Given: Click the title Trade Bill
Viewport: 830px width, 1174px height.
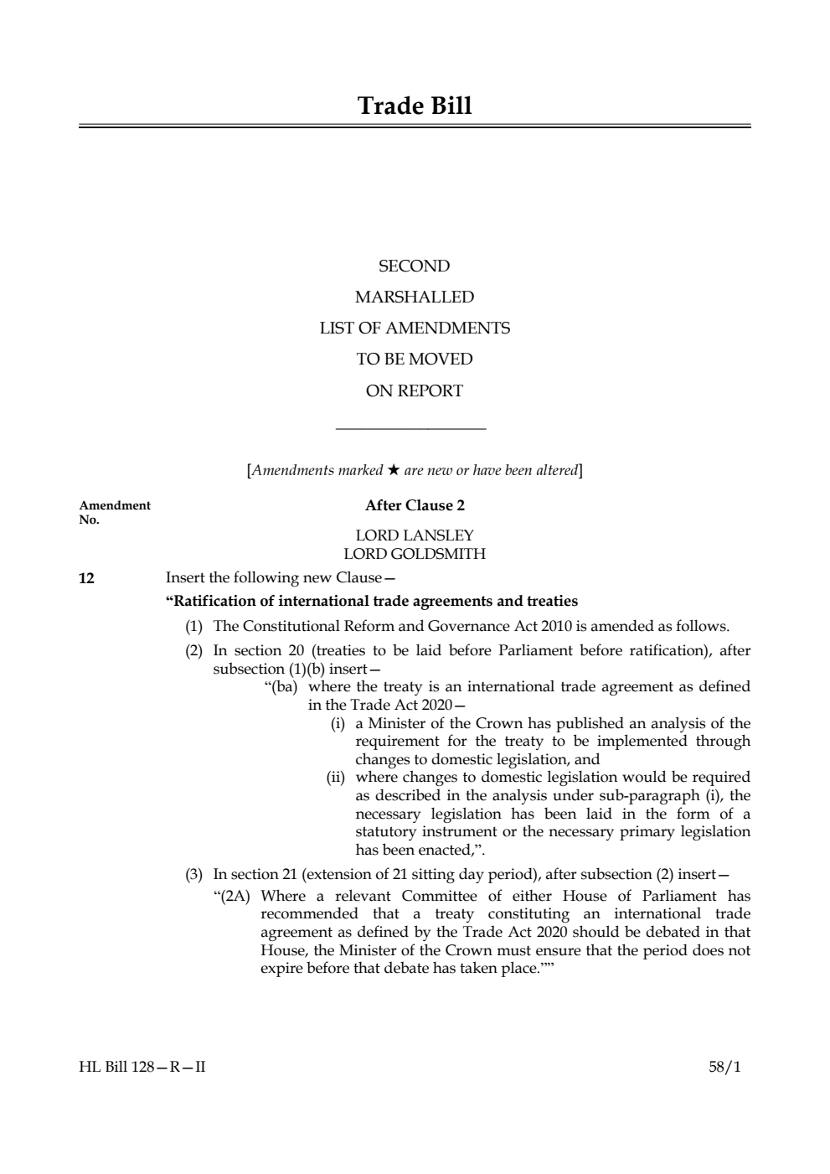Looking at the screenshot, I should [x=415, y=106].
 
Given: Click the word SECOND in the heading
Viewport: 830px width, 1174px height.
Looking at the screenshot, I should [x=414, y=266].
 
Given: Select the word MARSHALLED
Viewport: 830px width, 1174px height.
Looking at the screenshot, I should [x=414, y=297].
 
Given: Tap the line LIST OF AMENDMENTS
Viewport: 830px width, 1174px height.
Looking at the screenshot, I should [x=414, y=328].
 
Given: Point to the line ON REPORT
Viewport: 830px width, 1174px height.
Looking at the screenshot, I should [x=414, y=390].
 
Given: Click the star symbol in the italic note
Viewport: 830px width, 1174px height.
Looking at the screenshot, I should [x=393, y=470].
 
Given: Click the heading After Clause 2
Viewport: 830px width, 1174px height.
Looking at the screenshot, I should [x=415, y=505].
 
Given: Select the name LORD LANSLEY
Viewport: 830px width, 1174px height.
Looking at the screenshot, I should [x=414, y=535].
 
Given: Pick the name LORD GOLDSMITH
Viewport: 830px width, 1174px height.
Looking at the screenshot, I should [x=414, y=554].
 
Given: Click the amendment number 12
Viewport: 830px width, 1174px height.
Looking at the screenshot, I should [x=86, y=578].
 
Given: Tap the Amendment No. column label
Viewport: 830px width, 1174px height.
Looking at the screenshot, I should [x=114, y=511].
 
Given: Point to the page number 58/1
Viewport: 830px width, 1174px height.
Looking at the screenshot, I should [x=724, y=1068].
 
